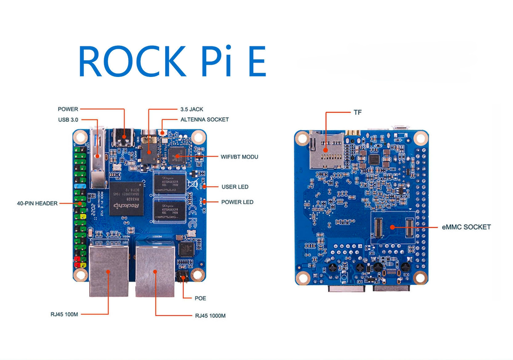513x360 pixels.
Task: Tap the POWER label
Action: (68, 109)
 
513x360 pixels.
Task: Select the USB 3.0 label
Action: (68, 120)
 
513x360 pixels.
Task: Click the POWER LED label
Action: (237, 202)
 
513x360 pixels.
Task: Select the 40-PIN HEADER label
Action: (37, 204)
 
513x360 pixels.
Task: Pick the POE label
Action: (200, 298)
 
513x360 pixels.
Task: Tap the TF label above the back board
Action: (357, 113)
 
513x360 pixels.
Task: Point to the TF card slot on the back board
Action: (325, 150)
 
